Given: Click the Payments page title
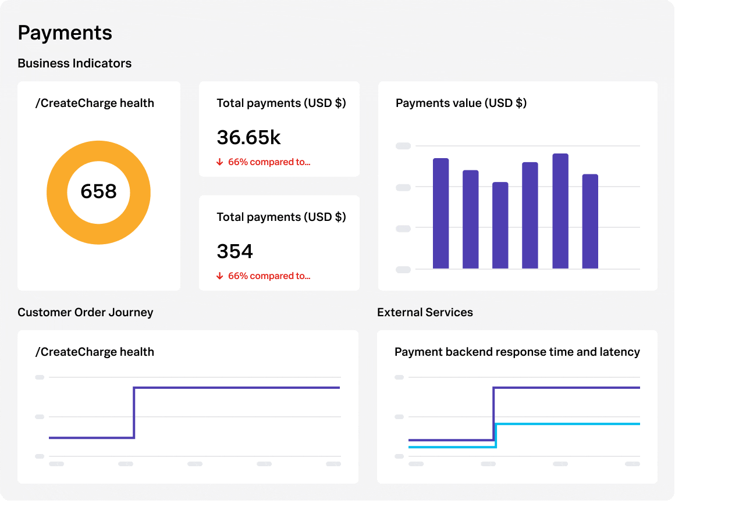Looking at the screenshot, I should [x=65, y=33].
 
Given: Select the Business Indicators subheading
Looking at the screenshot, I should [x=74, y=63].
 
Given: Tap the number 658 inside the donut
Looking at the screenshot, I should [x=98, y=191].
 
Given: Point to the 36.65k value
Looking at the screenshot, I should [x=248, y=138].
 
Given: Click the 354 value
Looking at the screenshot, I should [x=235, y=252].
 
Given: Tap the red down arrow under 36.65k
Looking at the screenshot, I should [x=220, y=162].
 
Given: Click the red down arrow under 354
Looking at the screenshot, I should [x=220, y=276].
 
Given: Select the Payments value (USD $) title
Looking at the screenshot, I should [x=461, y=103].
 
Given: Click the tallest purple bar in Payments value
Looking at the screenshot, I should [x=560, y=212].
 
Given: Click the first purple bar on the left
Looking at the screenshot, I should [x=440, y=213].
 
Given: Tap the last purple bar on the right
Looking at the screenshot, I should [x=590, y=221].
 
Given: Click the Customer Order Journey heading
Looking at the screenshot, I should [x=86, y=312].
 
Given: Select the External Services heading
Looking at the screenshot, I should [x=425, y=312].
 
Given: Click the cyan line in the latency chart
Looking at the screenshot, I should [x=567, y=424].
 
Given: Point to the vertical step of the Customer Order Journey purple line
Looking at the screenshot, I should [x=134, y=413].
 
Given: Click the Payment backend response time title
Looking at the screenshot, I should [x=517, y=352].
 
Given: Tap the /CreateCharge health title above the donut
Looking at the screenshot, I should [x=95, y=103].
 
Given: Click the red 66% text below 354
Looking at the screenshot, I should [x=269, y=276].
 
